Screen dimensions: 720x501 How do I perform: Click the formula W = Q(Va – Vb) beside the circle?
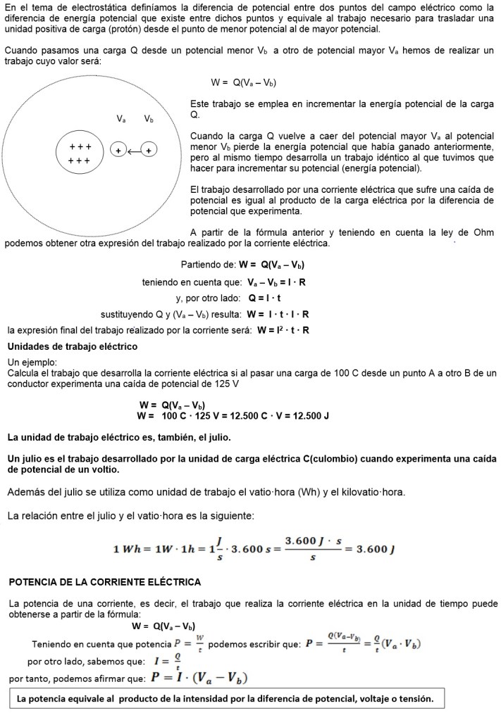click(243, 82)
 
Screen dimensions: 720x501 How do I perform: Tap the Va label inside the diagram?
click(121, 119)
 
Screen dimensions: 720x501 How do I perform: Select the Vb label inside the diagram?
click(149, 119)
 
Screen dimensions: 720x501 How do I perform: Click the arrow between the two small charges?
click(134, 150)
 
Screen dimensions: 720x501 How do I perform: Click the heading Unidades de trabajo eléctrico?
click(72, 347)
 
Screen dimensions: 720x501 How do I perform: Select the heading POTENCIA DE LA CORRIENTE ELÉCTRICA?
click(105, 582)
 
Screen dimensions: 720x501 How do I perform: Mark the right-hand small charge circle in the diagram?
click(150, 150)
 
